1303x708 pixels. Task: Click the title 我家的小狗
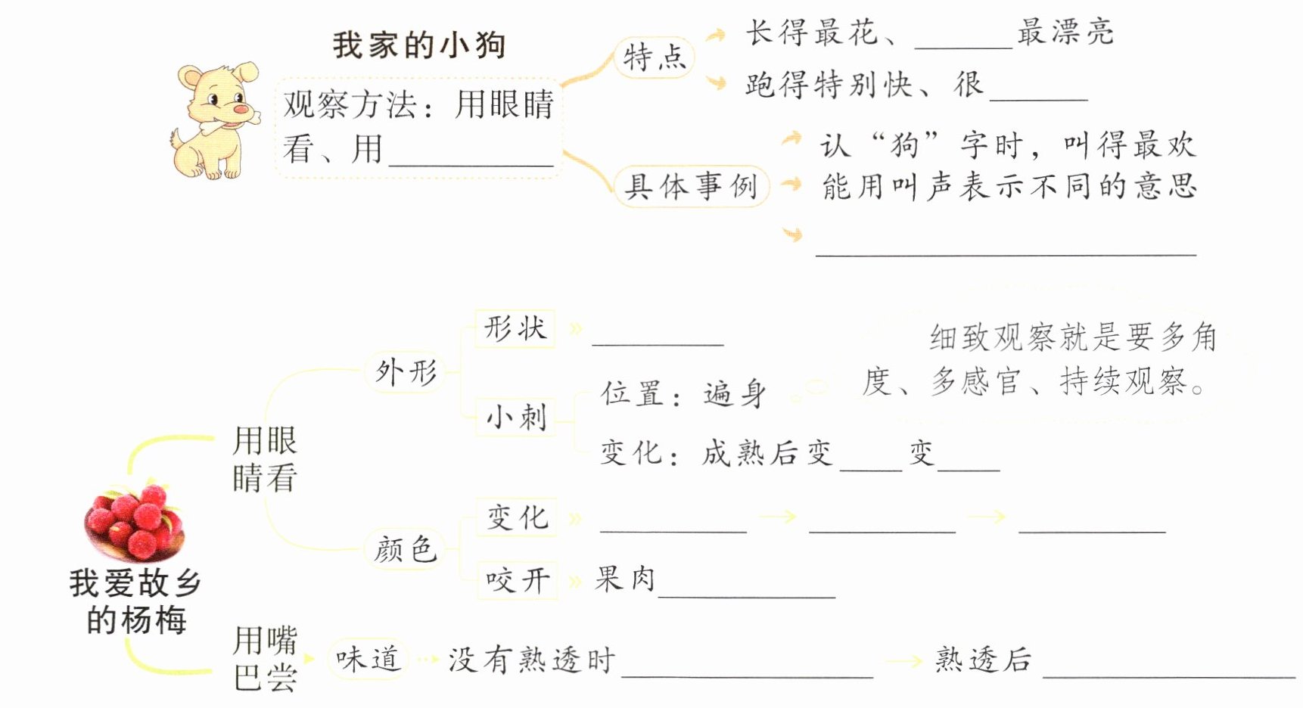tap(418, 45)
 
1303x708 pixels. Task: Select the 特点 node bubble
tap(654, 57)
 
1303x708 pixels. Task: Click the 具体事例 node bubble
tap(690, 186)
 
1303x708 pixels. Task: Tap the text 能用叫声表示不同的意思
tap(1008, 186)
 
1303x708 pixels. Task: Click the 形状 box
tap(515, 328)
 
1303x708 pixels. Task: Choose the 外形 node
tap(406, 372)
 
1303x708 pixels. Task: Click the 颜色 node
tap(406, 548)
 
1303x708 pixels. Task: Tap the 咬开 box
tap(518, 581)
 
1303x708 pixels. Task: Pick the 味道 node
tap(368, 659)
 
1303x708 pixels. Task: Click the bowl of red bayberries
tap(135, 522)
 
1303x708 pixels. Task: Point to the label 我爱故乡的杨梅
tap(135, 601)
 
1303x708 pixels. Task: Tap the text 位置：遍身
tap(683, 394)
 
